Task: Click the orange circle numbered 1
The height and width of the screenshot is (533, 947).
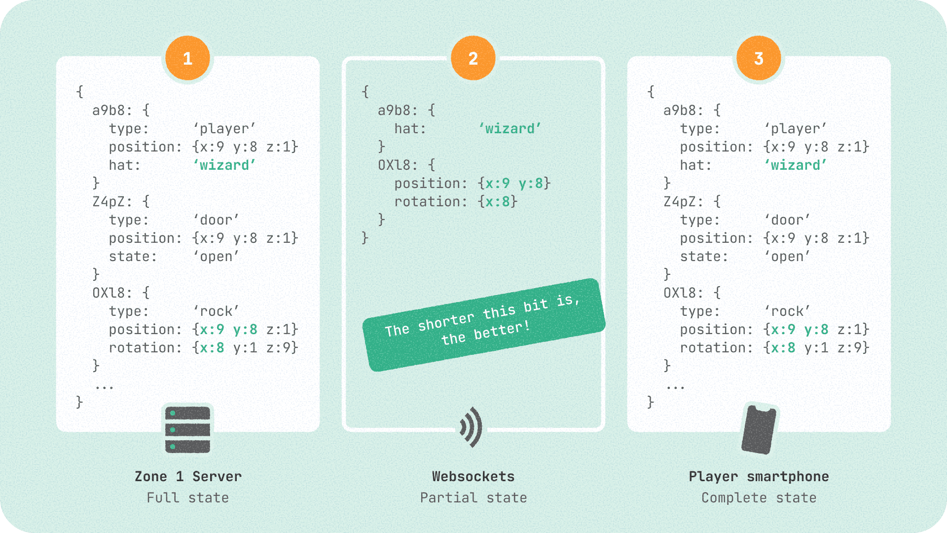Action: click(187, 58)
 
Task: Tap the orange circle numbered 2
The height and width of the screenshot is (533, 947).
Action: click(473, 58)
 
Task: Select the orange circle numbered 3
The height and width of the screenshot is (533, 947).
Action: click(759, 58)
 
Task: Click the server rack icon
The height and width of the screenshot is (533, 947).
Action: click(187, 429)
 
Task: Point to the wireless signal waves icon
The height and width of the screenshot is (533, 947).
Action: click(471, 427)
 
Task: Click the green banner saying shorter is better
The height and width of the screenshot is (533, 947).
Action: click(483, 324)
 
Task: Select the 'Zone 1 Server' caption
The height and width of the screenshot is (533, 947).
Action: click(188, 476)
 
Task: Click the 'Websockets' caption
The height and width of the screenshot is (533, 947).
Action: click(473, 476)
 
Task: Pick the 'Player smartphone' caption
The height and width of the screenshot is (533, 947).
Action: click(759, 476)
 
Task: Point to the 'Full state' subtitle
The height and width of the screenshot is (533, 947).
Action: click(187, 497)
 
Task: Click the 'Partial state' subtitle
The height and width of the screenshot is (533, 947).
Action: click(473, 497)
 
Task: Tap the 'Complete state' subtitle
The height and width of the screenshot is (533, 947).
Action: click(759, 497)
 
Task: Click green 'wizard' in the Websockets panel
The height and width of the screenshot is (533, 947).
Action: click(510, 129)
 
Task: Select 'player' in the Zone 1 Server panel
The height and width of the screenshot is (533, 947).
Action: click(224, 129)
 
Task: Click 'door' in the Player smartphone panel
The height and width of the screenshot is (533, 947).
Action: click(787, 220)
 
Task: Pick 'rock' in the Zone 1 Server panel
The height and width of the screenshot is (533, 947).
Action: click(216, 311)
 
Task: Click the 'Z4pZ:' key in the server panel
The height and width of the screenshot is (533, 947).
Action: click(112, 202)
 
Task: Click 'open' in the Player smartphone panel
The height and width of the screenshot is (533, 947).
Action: click(787, 257)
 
